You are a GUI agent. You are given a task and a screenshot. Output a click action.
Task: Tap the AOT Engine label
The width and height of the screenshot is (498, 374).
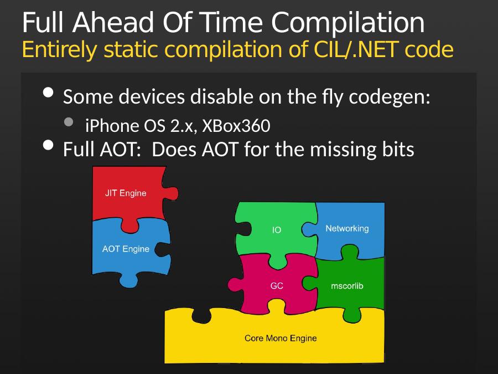(126, 249)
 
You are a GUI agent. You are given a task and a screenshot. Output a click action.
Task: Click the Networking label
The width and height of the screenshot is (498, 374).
(347, 228)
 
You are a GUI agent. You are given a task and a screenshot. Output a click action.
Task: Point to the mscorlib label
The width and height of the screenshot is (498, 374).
(347, 286)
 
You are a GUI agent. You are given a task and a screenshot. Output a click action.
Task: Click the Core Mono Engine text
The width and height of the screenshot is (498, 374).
(281, 338)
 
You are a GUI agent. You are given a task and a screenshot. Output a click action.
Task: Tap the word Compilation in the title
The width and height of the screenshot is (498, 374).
(348, 23)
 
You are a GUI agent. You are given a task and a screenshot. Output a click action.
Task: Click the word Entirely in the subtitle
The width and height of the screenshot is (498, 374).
(59, 50)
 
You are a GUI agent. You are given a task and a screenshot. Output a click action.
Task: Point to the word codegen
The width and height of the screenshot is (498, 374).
(390, 98)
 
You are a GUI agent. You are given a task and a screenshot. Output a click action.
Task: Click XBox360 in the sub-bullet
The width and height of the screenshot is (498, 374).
(236, 126)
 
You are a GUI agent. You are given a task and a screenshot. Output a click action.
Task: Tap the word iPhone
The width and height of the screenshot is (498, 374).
(112, 126)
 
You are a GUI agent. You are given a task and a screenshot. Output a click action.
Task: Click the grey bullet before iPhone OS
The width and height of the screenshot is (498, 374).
(69, 122)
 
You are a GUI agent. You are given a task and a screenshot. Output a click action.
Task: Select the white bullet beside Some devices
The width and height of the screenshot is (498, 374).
(48, 93)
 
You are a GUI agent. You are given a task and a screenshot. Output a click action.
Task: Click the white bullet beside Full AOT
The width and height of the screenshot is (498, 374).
(48, 145)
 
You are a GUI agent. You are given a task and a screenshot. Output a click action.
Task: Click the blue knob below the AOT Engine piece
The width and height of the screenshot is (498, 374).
(128, 280)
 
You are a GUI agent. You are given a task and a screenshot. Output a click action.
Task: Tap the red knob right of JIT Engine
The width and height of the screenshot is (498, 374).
(171, 193)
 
